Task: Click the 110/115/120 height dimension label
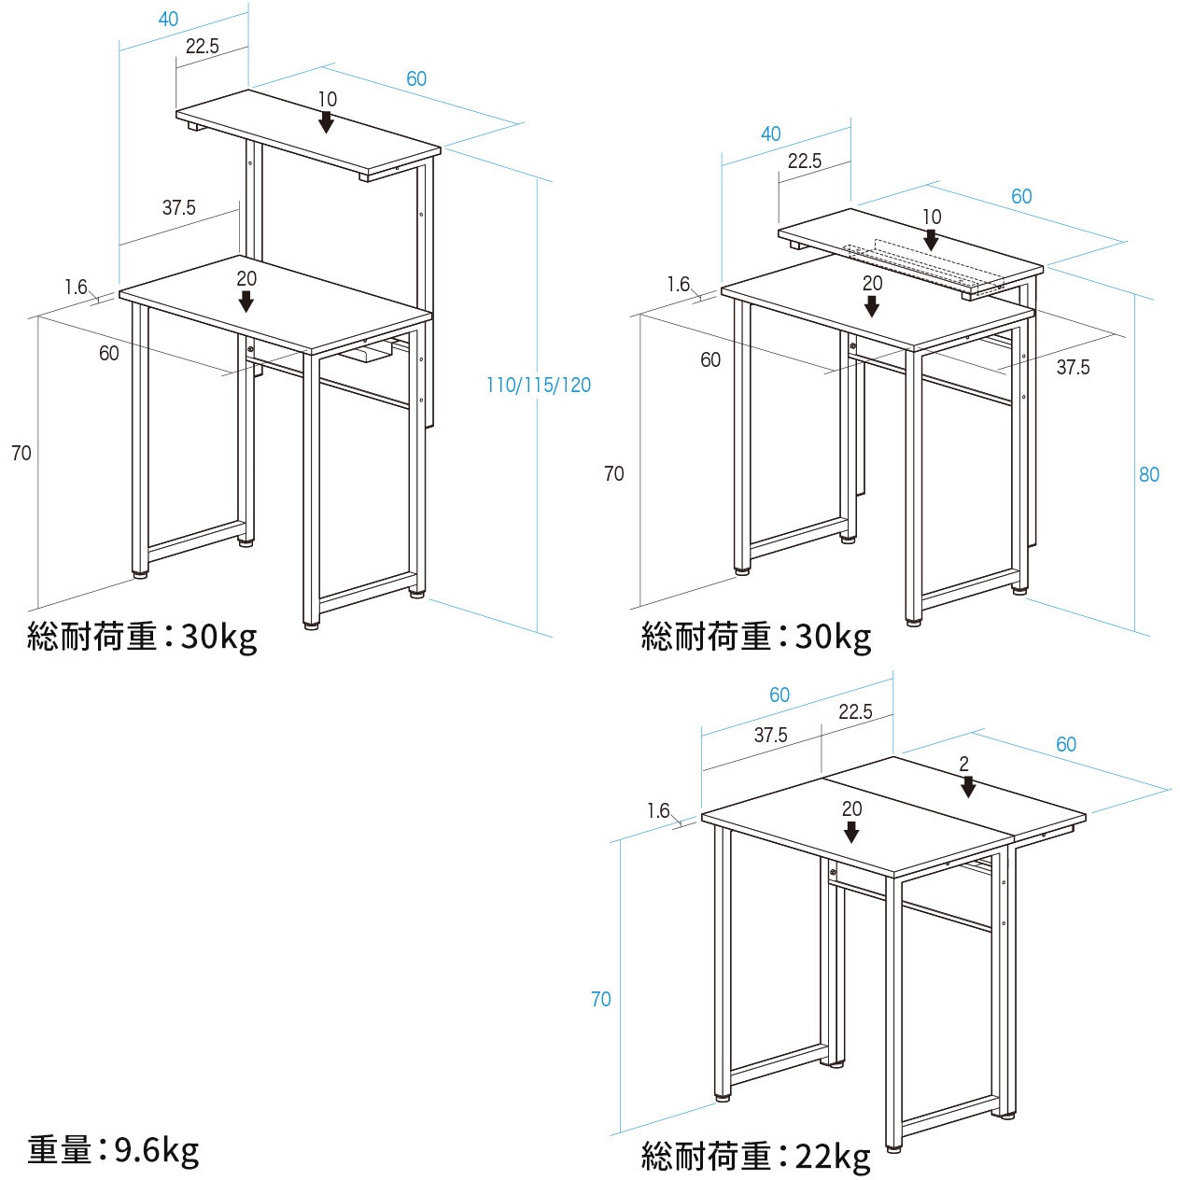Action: [539, 385]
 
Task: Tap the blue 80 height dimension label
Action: [1148, 474]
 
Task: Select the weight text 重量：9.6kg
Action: [113, 1150]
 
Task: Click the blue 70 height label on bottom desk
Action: [600, 999]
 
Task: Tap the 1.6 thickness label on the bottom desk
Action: [658, 810]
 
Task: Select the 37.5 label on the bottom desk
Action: [770, 735]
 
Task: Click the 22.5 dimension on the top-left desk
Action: [202, 46]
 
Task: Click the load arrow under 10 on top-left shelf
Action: [327, 121]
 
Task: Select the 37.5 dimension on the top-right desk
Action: [1073, 367]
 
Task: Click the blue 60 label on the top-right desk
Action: [1021, 196]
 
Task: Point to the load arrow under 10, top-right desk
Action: [931, 239]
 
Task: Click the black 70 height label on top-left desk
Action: [21, 453]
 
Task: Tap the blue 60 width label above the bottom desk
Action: [780, 695]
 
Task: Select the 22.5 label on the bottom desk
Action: [854, 711]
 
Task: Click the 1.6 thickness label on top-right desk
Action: [679, 285]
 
